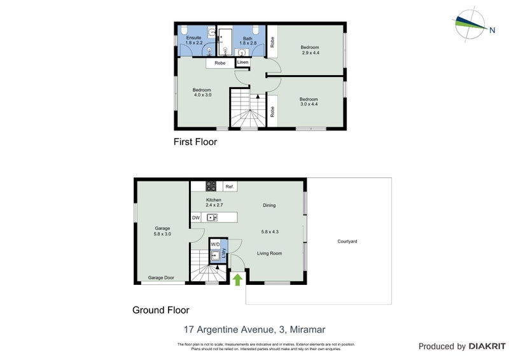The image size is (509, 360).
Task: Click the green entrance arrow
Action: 238,279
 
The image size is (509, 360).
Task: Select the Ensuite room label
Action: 193,38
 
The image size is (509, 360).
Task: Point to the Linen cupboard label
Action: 243,62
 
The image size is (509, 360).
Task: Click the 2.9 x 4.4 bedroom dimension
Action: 310,53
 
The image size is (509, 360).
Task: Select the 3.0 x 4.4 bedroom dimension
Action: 309,104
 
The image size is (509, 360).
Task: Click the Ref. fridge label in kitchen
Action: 230,186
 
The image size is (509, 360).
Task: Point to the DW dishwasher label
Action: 196,218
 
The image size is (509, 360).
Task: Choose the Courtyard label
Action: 347,242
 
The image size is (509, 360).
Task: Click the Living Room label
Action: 269,253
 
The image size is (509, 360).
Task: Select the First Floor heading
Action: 195,142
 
